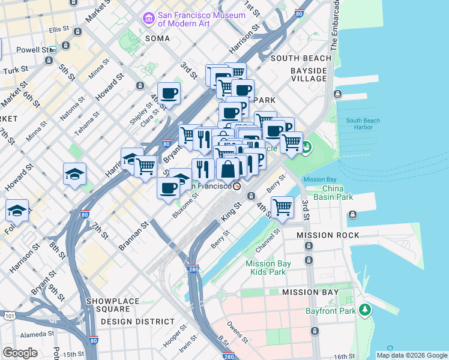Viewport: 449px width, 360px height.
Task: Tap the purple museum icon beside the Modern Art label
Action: pyautogui.click(x=148, y=19)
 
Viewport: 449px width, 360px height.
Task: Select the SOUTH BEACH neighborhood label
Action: pyautogui.click(x=301, y=58)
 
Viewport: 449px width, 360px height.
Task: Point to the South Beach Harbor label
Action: pyautogui.click(x=363, y=124)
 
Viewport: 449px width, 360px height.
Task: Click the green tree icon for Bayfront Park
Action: pyautogui.click(x=364, y=310)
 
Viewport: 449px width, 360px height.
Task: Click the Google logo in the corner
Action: pyautogui.click(x=20, y=352)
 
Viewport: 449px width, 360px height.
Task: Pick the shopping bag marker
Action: pyautogui.click(x=228, y=170)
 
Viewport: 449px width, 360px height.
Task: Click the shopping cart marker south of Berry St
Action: pyautogui.click(x=282, y=208)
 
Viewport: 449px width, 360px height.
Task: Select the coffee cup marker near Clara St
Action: pyautogui.click(x=169, y=93)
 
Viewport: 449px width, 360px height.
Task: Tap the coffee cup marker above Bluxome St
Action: pyautogui.click(x=168, y=188)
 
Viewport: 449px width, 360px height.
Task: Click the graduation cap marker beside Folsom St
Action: pyautogui.click(x=17, y=211)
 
